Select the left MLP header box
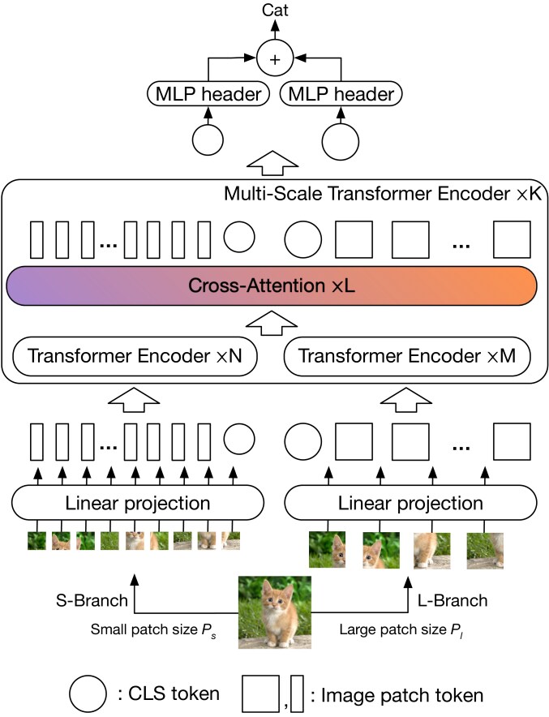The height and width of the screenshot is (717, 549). (x=208, y=95)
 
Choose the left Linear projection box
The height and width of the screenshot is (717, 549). (x=137, y=503)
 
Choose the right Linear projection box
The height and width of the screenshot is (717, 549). (x=410, y=503)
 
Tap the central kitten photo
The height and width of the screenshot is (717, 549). (x=274, y=612)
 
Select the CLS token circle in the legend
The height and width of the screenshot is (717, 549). (x=88, y=693)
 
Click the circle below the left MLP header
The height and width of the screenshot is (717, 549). (x=208, y=140)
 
